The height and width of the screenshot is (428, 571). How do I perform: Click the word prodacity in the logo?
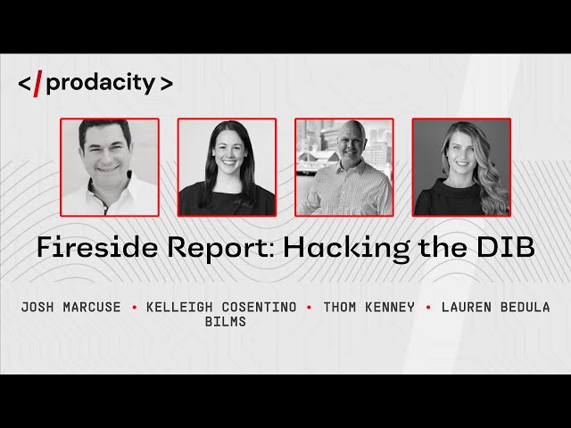point(101,83)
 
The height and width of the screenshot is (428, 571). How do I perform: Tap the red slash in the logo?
point(37,84)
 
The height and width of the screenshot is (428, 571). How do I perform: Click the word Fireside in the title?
point(97,247)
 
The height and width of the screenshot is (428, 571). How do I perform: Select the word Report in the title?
point(220,248)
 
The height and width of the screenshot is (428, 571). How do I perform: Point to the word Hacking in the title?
point(347,249)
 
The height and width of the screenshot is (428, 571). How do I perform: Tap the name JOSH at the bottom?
point(37,307)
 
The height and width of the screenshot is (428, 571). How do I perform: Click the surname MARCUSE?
point(92,307)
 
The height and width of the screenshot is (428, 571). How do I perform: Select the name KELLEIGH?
point(179,307)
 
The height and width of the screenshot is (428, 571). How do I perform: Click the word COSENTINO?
point(260,307)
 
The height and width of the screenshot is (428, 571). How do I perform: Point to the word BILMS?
point(226,321)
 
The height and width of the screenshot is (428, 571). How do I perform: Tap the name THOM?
point(340,307)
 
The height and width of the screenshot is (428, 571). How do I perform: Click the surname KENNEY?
point(390,307)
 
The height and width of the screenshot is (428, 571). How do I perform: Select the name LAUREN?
point(467,307)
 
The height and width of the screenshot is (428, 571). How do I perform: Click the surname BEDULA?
point(525,307)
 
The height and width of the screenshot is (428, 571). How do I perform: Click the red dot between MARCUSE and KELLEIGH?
point(135,308)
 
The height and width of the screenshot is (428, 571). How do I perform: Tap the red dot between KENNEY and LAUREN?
point(428,308)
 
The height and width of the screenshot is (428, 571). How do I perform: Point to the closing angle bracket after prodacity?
point(167,84)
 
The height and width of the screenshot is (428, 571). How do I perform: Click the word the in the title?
point(443,247)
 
